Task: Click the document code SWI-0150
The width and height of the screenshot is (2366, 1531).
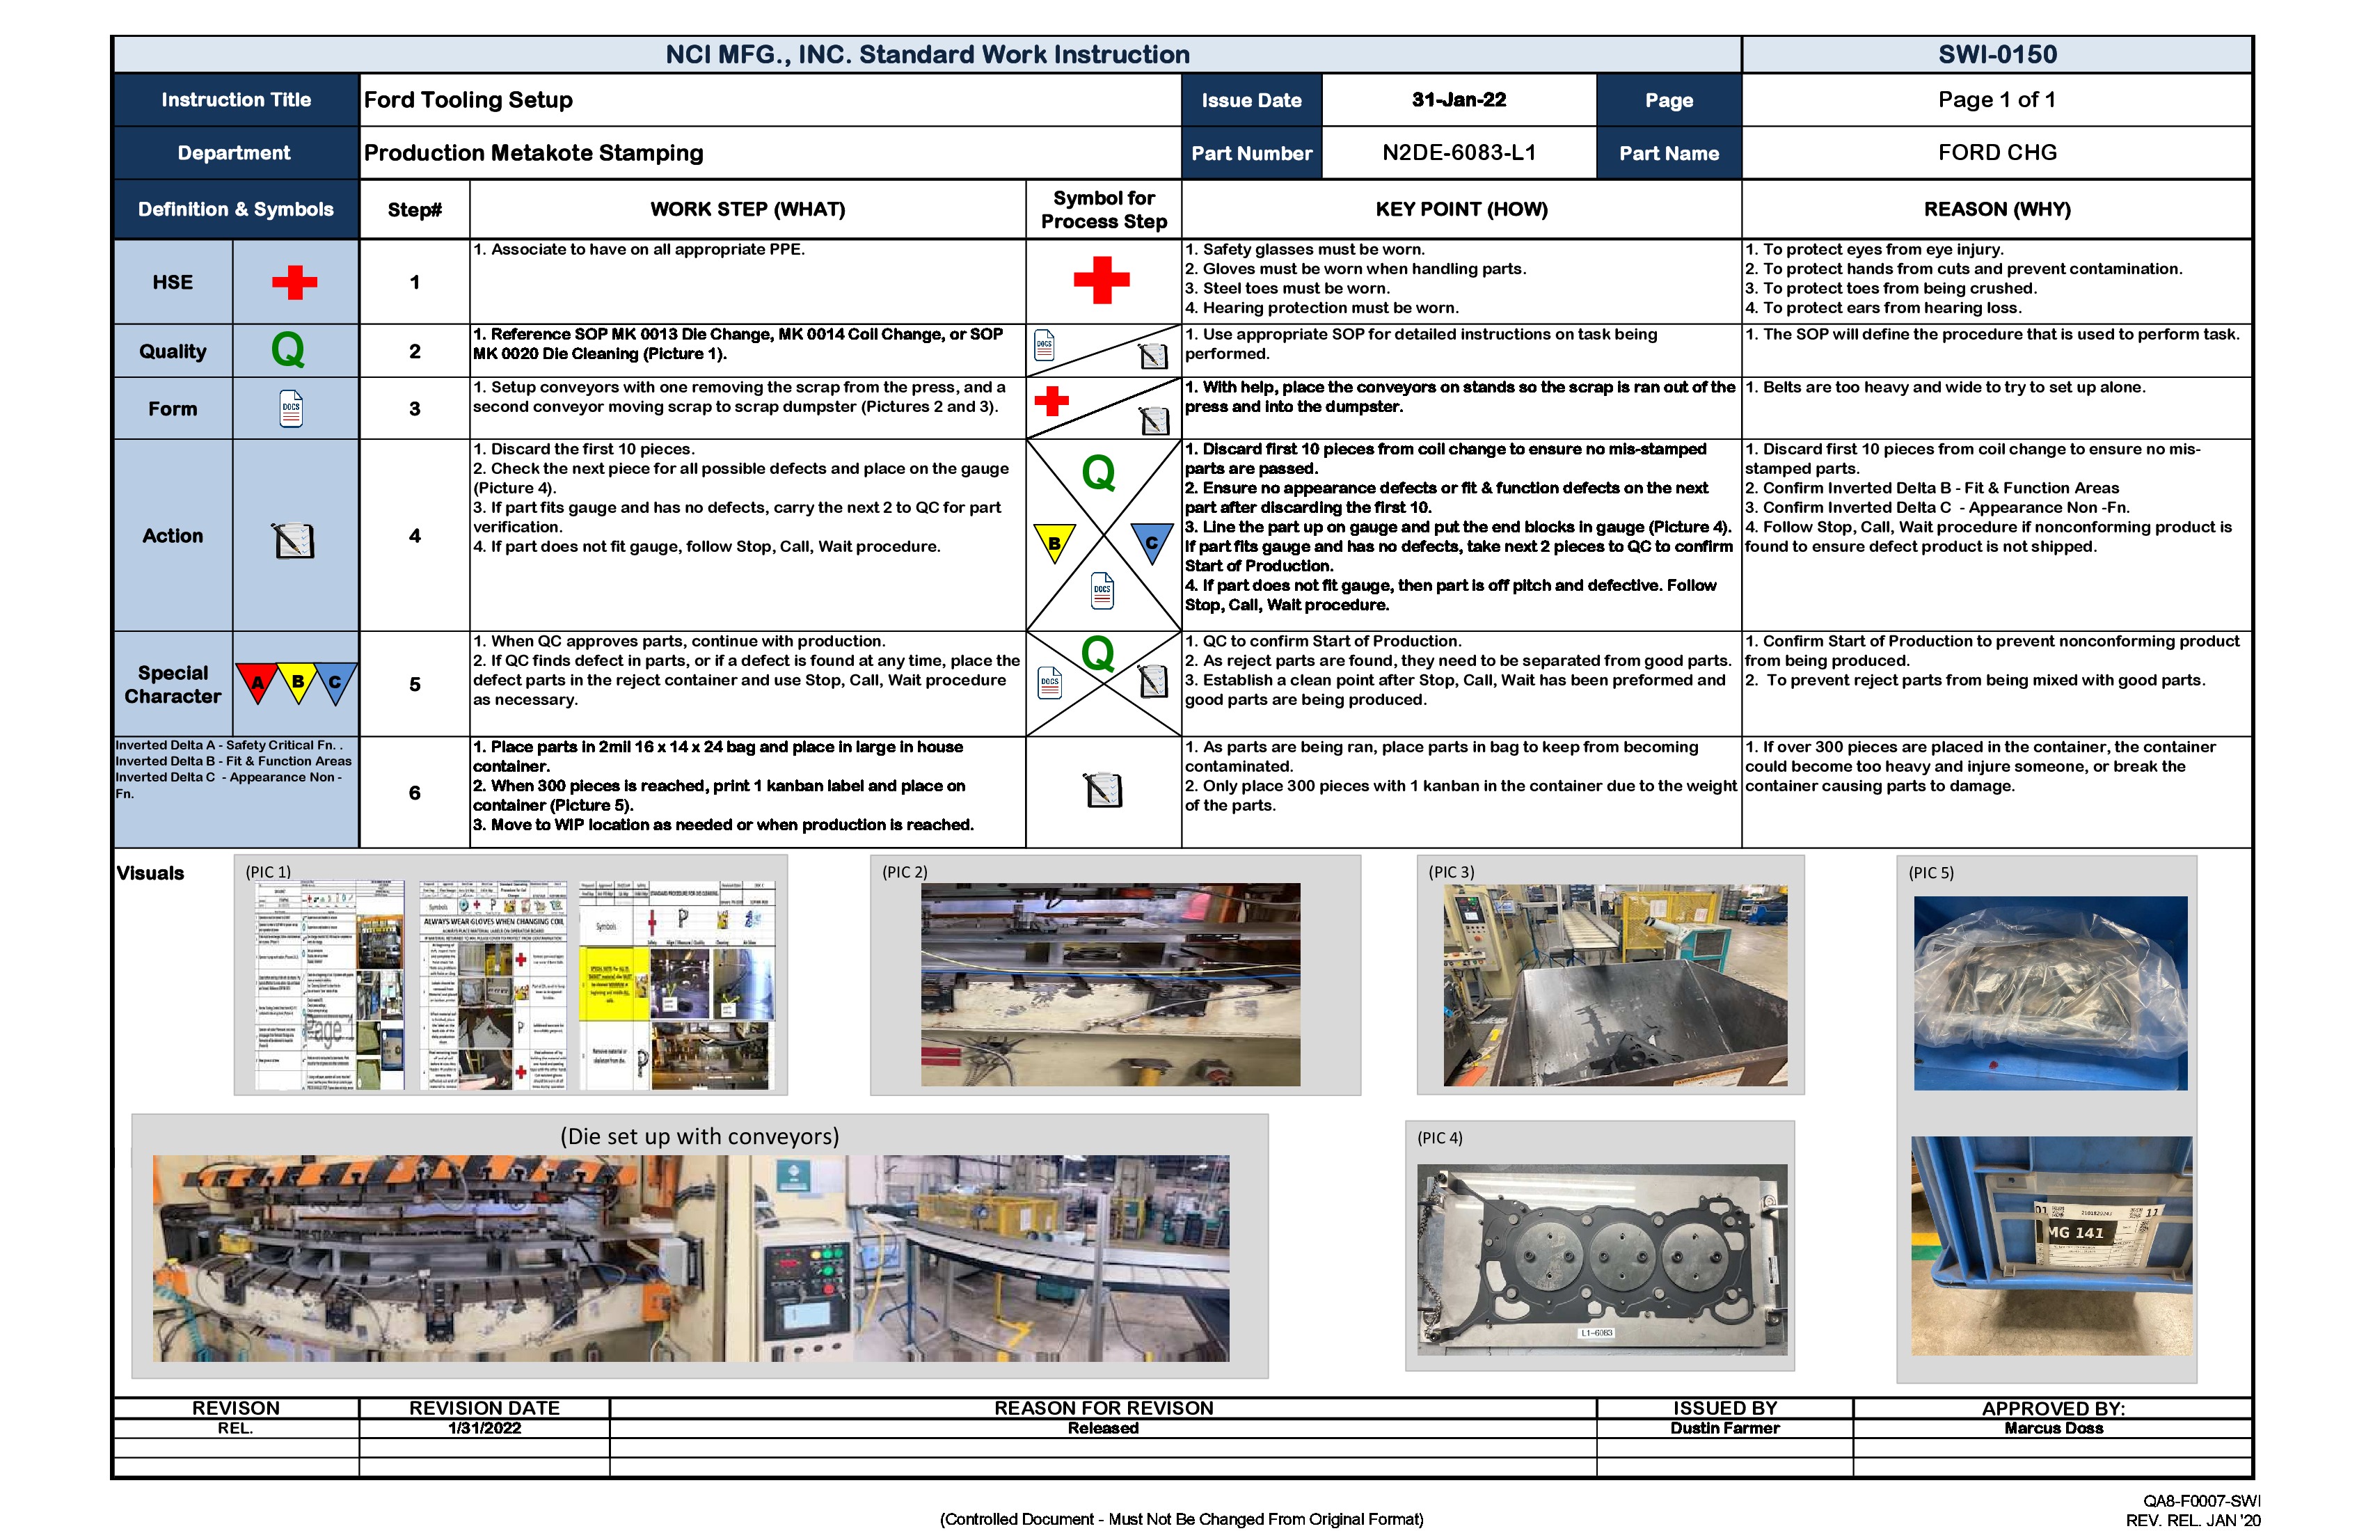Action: click(x=1996, y=55)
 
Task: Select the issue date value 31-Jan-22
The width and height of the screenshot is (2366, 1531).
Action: click(x=1459, y=100)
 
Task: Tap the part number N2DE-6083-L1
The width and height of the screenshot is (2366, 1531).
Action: click(x=1459, y=153)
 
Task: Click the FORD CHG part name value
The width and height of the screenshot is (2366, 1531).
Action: click(x=1996, y=153)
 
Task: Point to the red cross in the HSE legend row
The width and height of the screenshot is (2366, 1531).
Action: click(x=294, y=283)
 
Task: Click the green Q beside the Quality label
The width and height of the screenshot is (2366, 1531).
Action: click(x=287, y=350)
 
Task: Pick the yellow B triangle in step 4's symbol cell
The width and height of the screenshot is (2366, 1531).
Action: click(x=1054, y=542)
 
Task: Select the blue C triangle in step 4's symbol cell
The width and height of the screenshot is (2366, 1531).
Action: click(x=1151, y=542)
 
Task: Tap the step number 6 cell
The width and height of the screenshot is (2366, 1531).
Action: click(x=415, y=793)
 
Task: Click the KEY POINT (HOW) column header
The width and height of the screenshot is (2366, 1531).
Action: click(x=1461, y=209)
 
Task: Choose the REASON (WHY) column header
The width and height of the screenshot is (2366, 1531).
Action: click(x=1996, y=209)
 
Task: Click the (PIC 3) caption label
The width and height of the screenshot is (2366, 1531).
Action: click(x=1452, y=872)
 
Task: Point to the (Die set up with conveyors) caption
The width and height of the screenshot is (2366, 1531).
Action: click(x=699, y=1136)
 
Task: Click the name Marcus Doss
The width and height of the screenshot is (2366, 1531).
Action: click(x=2053, y=1427)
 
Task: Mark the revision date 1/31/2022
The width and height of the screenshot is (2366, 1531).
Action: click(x=484, y=1427)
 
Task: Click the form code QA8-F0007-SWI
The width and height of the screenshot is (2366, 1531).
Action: click(x=2201, y=1501)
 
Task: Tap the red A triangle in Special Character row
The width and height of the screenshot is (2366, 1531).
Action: click(x=257, y=682)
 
